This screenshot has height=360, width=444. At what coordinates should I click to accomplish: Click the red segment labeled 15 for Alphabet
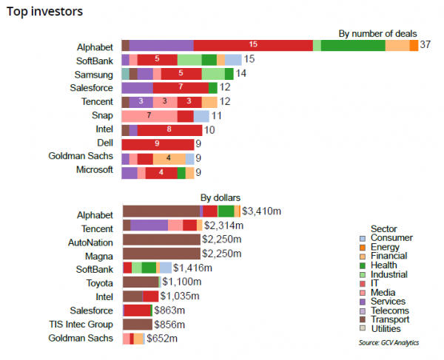[253, 45]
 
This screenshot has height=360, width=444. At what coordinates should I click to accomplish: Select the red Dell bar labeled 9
[158, 143]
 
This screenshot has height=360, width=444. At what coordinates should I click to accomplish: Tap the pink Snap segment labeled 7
[149, 115]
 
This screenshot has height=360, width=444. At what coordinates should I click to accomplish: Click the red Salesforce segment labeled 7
[181, 87]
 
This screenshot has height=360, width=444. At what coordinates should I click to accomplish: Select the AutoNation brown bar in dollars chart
[161, 240]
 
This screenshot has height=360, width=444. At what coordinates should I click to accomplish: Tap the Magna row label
[99, 254]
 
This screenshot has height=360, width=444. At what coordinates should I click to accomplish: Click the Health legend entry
[384, 265]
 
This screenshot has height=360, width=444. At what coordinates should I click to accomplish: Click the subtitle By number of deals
[377, 33]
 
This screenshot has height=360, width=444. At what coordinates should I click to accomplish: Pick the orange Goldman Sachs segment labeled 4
[169, 157]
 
